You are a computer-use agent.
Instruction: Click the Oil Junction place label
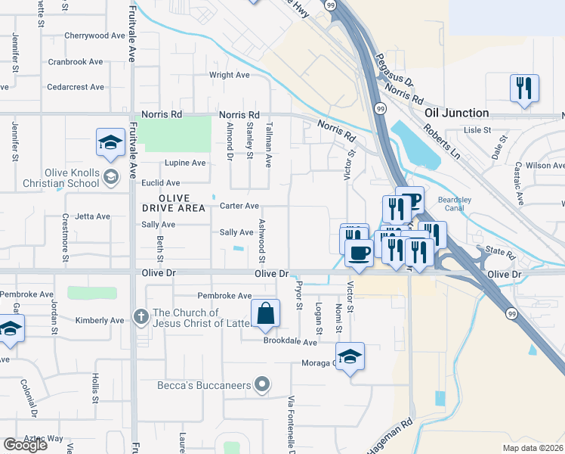[456, 113]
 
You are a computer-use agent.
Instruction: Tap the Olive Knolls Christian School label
[50, 178]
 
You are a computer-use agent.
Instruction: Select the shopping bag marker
[266, 315]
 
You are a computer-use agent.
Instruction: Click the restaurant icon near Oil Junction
[523, 89]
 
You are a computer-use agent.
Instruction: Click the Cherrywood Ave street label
[94, 36]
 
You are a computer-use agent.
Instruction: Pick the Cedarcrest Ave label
[76, 87]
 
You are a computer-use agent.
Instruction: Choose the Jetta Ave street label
[92, 216]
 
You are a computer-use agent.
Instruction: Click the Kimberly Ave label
[99, 321]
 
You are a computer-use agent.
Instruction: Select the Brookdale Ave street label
[290, 342]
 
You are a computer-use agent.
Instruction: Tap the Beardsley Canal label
[454, 204]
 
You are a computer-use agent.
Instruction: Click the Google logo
[25, 445]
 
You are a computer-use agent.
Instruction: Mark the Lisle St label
[477, 130]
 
